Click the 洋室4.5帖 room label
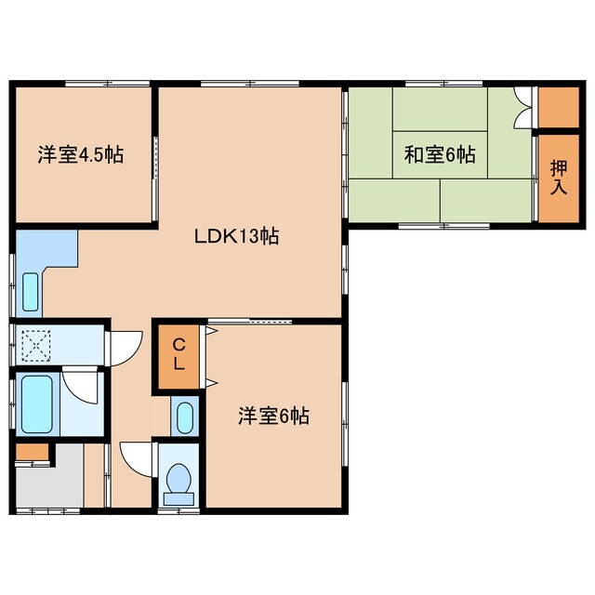pyautogui.click(x=81, y=154)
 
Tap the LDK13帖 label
pyautogui.click(x=237, y=236)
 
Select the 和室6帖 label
pyautogui.click(x=440, y=154)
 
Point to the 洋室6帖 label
pyautogui.click(x=273, y=416)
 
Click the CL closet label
pyautogui.click(x=179, y=354)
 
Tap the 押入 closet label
pyautogui.click(x=559, y=178)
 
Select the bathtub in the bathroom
pyautogui.click(x=37, y=404)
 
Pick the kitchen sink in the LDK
pyautogui.click(x=31, y=292)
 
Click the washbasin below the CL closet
pyautogui.click(x=185, y=417)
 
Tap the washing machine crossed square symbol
pyautogui.click(x=36, y=345)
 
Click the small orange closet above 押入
pyautogui.click(x=559, y=108)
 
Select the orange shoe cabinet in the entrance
pyautogui.click(x=33, y=452)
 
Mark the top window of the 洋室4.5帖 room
pyautogui.click(x=108, y=84)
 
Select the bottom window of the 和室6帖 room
pyautogui.click(x=444, y=226)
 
